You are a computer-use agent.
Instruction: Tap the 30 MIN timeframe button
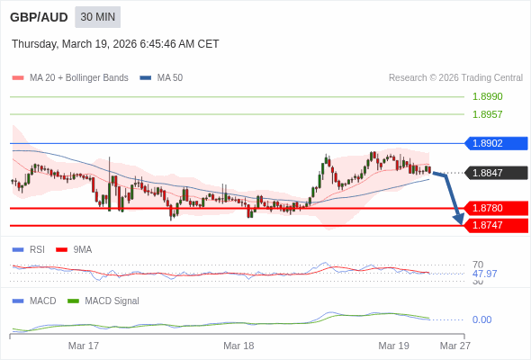pos(97,17)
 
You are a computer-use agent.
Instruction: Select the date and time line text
pos(115,44)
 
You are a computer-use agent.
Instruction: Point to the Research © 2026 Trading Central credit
pos(455,78)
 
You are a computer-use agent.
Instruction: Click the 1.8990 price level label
pos(487,96)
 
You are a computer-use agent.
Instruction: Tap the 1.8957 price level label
pos(487,114)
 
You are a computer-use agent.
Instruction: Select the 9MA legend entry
pos(82,249)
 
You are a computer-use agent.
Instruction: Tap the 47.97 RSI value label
pos(484,274)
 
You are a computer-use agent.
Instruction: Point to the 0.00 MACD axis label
pos(481,319)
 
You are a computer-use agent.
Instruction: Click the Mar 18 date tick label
pos(238,346)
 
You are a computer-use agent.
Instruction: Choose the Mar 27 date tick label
pos(454,346)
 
